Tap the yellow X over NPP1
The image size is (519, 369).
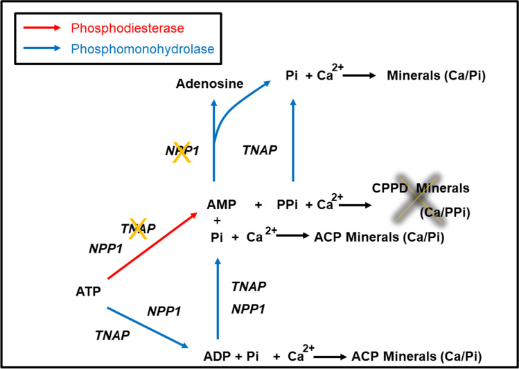click(182, 156)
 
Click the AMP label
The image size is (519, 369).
click(222, 206)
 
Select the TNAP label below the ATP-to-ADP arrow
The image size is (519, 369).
click(112, 335)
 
